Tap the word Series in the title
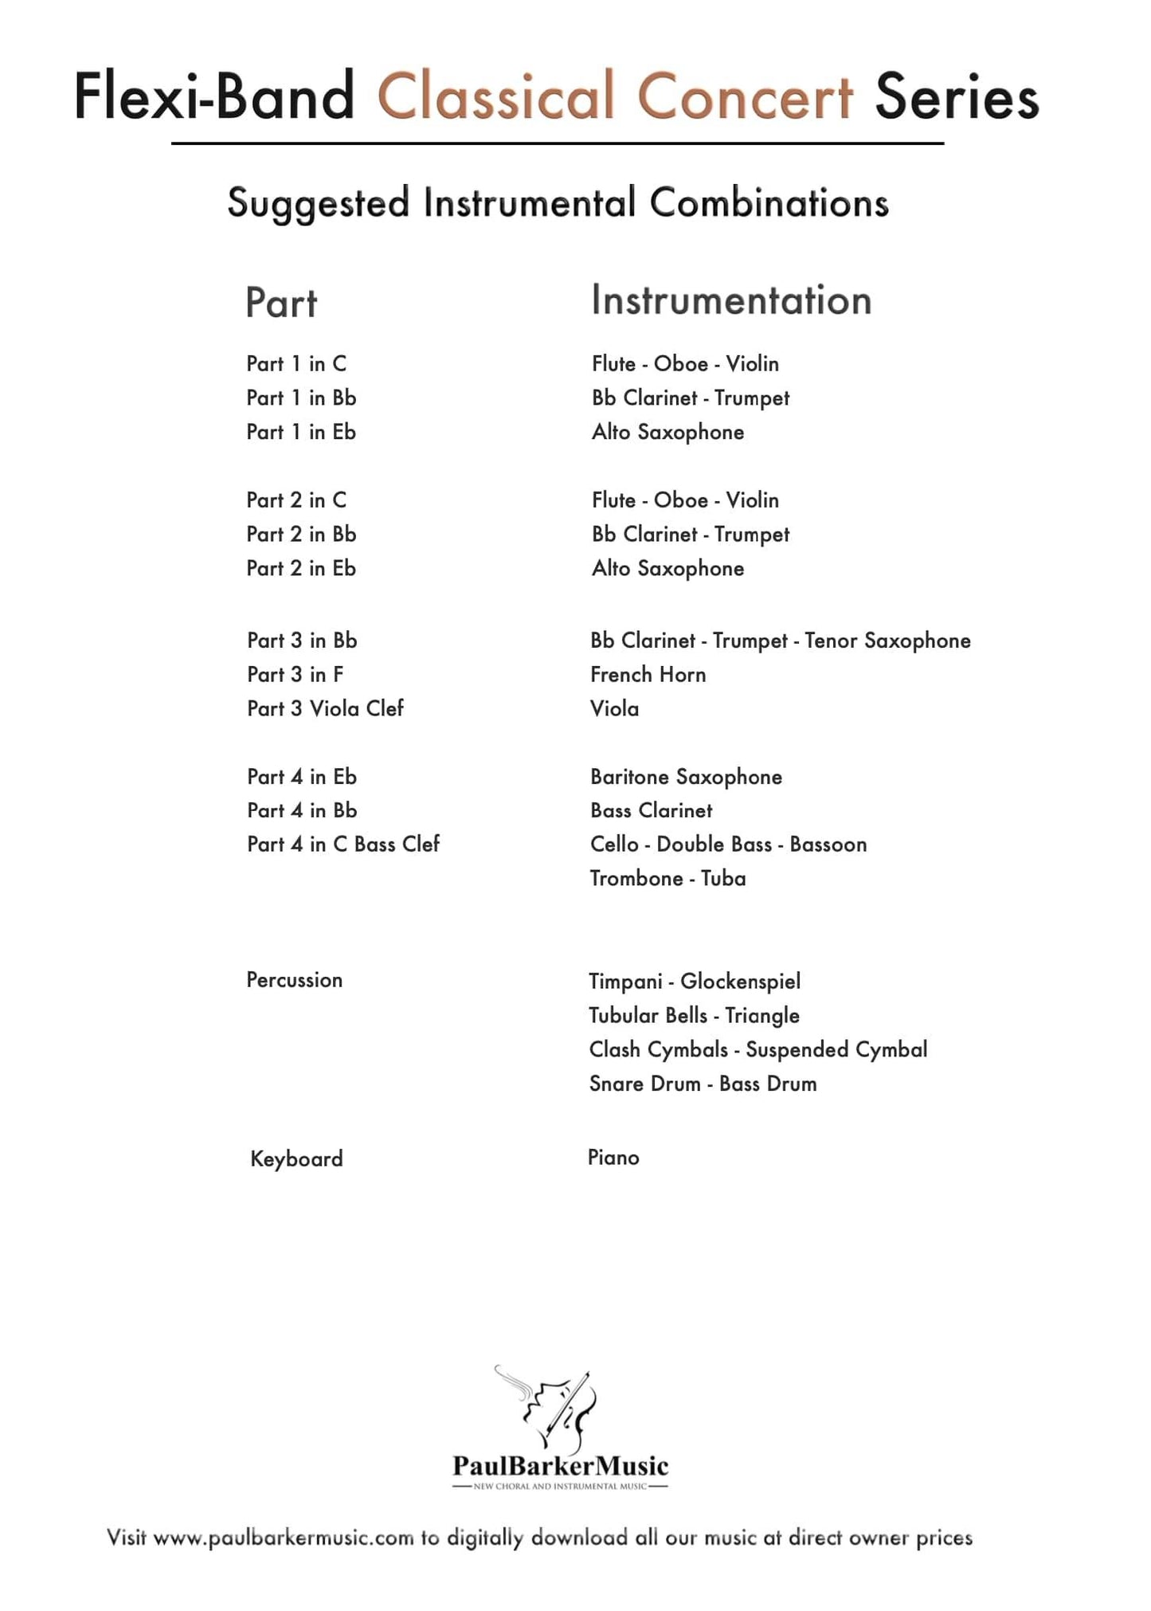957,96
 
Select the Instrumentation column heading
731,300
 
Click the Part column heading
281,303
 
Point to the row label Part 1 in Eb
301,432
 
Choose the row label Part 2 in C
296,500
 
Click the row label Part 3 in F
295,674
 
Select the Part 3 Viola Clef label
325,708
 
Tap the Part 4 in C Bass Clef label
343,844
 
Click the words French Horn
648,674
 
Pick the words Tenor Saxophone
887,641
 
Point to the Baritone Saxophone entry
686,777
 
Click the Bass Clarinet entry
651,810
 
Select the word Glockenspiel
740,981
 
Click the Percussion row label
294,980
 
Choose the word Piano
613,1157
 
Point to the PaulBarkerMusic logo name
560,1465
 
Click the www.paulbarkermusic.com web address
283,1538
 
